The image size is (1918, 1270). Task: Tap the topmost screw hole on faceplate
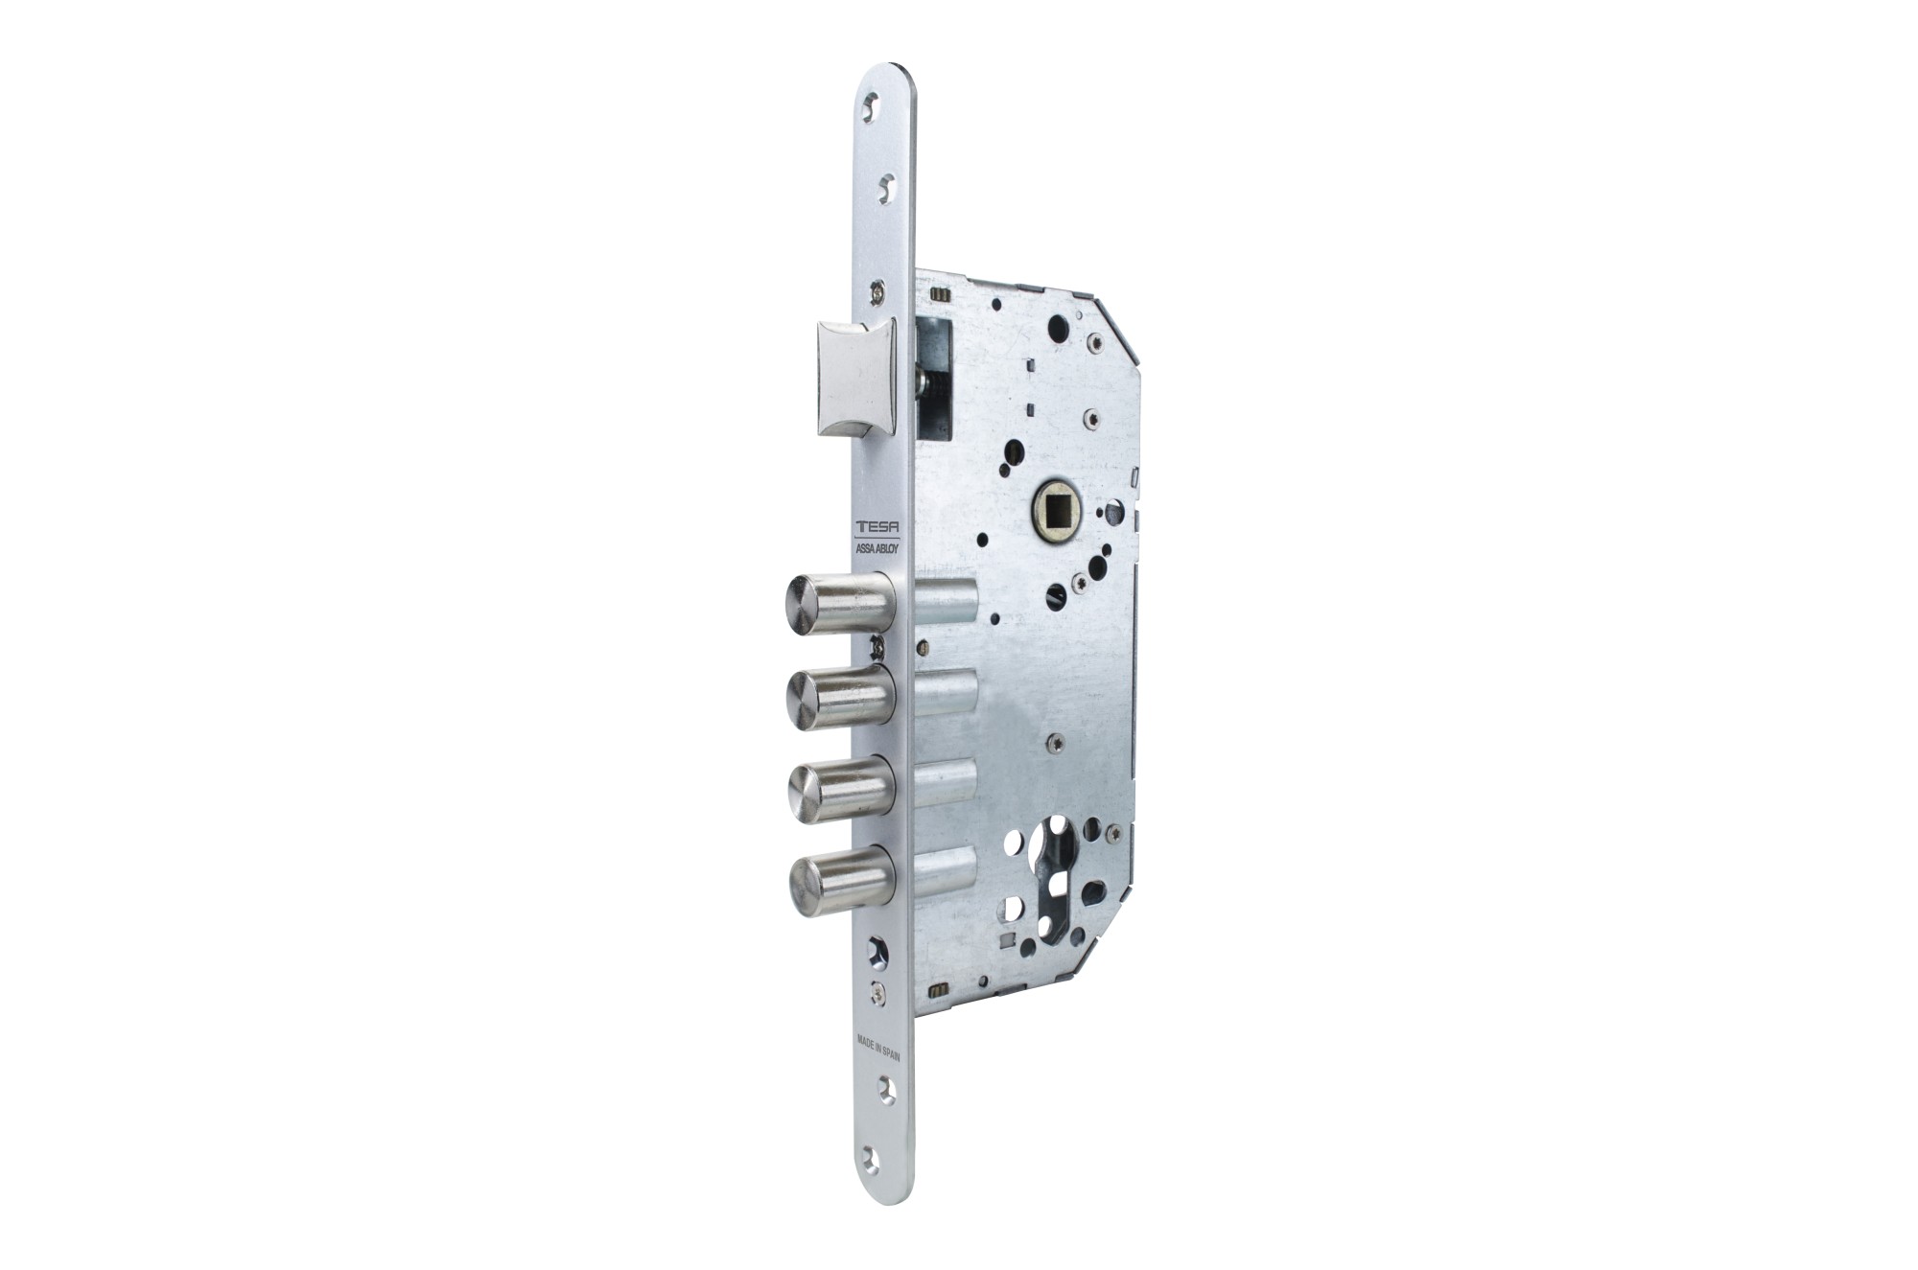pyautogui.click(x=871, y=106)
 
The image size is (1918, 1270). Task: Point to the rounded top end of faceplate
pyautogui.click(x=880, y=75)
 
